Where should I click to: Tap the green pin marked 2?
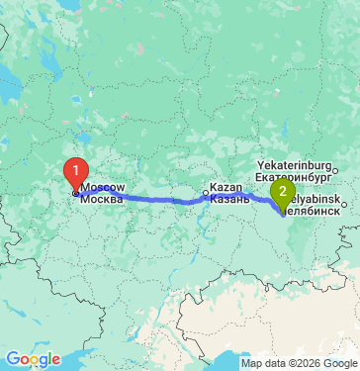coord(283,191)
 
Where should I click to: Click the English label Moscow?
coord(103,186)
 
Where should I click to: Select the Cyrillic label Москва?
coord(103,198)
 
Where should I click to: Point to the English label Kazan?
coord(226,187)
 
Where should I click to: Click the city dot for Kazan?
coord(207,193)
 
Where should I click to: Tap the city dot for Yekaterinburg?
coord(334,171)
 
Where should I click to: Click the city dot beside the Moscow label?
coord(75,193)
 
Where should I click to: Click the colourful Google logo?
coord(33,358)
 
